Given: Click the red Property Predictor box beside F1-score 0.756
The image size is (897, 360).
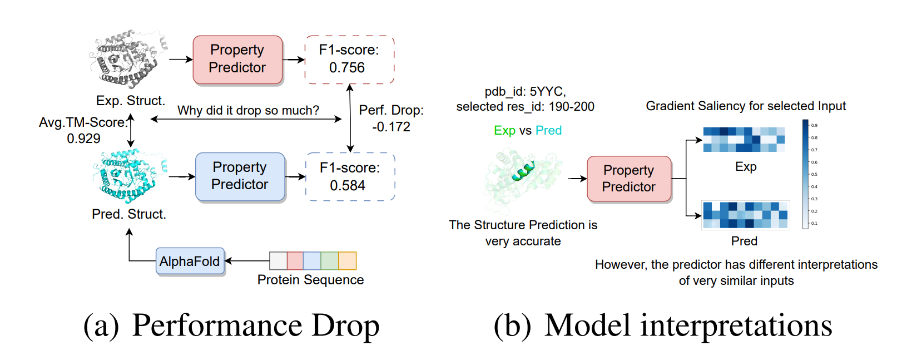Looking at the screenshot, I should tap(237, 60).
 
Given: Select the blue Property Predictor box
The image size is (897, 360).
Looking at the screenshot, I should tap(240, 176).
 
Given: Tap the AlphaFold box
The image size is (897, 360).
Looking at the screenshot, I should tap(190, 262).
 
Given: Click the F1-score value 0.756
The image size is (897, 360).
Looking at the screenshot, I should tap(347, 68).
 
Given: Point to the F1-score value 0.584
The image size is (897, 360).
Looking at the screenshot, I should tap(348, 186).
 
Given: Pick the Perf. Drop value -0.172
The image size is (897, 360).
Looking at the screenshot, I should tap(391, 127).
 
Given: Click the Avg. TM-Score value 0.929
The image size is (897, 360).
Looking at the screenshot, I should tap(83, 139).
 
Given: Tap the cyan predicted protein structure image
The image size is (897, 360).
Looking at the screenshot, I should tap(127, 175).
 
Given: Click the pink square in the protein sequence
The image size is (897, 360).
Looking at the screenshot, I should tap(295, 260).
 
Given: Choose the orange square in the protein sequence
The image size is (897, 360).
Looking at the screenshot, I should tap(348, 260).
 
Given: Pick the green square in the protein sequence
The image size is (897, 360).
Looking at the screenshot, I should tap(330, 260).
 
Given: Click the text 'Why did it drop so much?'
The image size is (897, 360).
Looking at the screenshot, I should tap(248, 110).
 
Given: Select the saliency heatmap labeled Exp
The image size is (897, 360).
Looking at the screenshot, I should tap(744, 140).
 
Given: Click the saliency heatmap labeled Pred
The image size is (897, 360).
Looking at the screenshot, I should tap(745, 215).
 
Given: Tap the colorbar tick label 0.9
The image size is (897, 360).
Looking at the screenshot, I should tap(814, 125).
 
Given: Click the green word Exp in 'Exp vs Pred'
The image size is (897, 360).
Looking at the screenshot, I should tap(504, 130).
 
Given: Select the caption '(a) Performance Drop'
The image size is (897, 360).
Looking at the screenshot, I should tap(231, 326).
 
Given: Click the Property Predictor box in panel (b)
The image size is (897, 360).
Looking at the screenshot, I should tap(629, 179).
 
